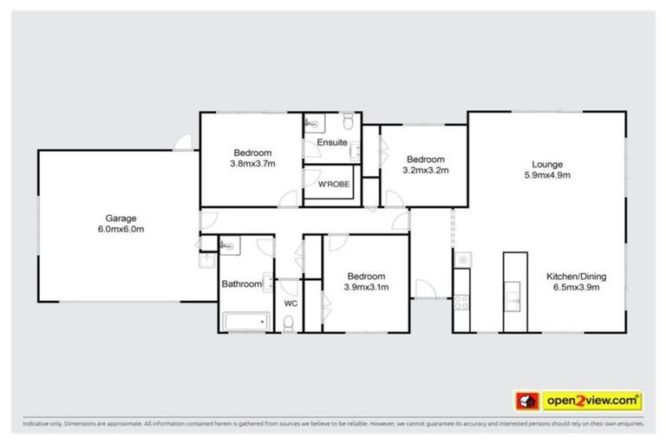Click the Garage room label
pos(121,219)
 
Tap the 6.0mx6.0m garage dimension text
pos(121,230)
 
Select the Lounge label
pos(547,164)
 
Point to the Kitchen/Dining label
pos(575,277)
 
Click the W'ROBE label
pos(332,186)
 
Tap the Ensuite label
pos(331,142)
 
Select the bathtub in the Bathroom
pos(246,323)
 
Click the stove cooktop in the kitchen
pos(462,303)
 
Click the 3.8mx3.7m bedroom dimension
pos(251,163)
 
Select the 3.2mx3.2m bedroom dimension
pos(425,170)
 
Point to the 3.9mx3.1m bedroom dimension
pos(367,288)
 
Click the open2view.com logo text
pos(592,401)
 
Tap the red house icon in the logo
pos(525,401)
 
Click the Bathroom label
pos(241,284)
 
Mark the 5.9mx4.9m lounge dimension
pos(547,175)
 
